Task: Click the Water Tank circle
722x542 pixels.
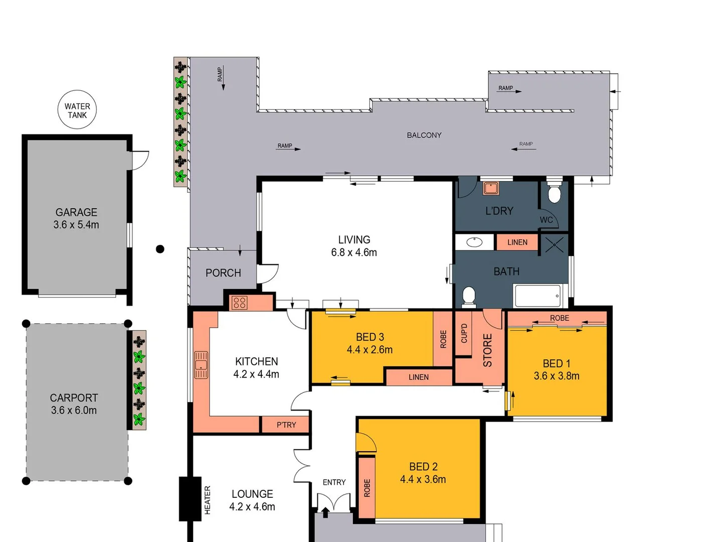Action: (77, 110)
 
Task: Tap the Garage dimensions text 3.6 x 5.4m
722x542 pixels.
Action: (76, 225)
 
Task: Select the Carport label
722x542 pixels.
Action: (74, 397)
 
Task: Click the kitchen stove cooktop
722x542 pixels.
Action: (239, 303)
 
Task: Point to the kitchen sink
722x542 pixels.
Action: (201, 364)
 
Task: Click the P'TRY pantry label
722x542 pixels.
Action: (286, 425)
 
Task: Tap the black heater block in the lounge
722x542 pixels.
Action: (190, 498)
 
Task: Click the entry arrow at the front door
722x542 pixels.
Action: (325, 512)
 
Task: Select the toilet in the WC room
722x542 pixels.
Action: (554, 193)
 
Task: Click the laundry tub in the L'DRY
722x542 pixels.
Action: (490, 188)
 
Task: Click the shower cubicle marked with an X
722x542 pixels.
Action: (554, 245)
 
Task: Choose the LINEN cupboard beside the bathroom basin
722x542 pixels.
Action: (517, 242)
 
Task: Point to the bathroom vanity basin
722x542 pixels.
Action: (474, 242)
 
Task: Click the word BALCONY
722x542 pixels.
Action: (424, 135)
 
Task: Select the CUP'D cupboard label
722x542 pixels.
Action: (464, 334)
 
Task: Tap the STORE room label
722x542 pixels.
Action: (487, 350)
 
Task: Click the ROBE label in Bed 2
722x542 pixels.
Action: (367, 488)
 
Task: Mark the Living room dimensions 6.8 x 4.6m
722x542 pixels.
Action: (354, 252)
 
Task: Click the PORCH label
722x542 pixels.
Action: (223, 273)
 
